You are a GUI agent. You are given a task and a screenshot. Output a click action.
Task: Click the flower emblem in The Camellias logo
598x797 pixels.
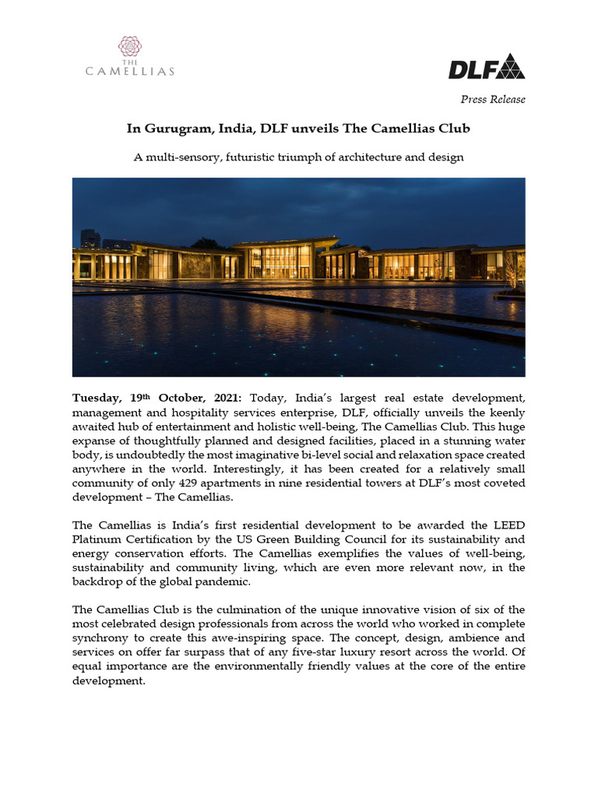coord(130,45)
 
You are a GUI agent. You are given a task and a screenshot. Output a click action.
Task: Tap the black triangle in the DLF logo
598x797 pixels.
coord(511,67)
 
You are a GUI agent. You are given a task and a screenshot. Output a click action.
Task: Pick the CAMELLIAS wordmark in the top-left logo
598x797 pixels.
coord(130,72)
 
